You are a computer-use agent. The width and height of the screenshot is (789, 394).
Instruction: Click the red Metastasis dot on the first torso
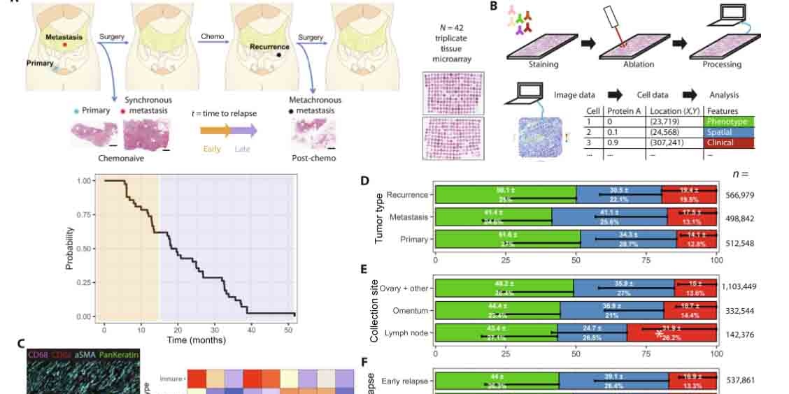point(65,45)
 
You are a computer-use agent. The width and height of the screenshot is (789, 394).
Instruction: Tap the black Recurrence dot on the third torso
point(280,54)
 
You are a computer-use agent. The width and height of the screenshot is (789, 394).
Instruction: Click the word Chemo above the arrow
point(212,36)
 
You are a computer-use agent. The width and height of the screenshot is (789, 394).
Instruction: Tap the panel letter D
point(364,181)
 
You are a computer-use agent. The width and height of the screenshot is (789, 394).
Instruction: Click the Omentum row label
point(408,310)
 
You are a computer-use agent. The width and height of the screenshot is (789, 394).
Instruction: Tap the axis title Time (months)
point(196,340)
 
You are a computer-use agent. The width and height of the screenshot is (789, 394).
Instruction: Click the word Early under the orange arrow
point(212,149)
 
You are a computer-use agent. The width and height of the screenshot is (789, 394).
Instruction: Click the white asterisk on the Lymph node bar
point(660,334)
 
